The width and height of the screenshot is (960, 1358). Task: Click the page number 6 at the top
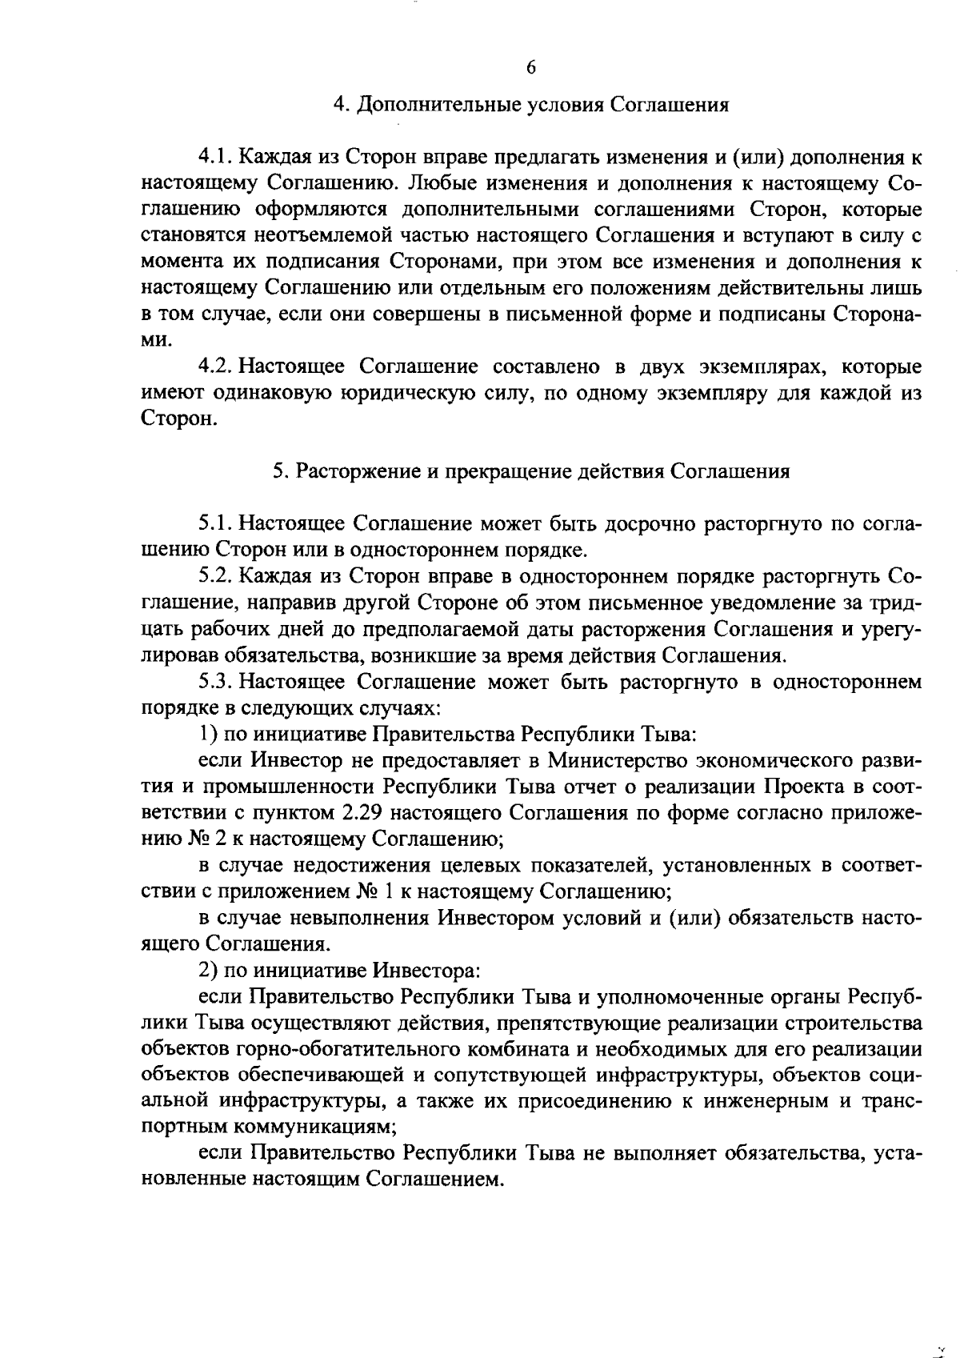[531, 67]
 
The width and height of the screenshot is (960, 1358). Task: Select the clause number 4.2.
[215, 367]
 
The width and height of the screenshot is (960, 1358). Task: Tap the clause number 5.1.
[215, 524]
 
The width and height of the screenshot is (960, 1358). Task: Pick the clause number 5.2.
[215, 577]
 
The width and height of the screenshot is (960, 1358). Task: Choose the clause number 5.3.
[215, 682]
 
